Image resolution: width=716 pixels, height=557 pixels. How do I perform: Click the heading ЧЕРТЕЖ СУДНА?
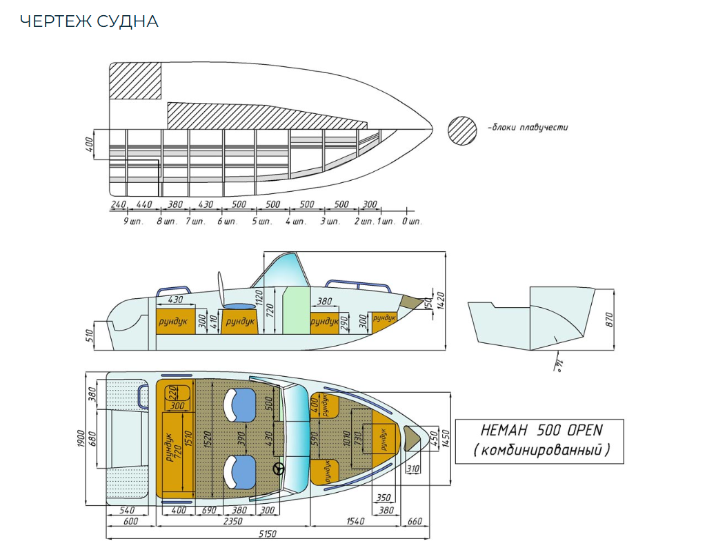pos(89,21)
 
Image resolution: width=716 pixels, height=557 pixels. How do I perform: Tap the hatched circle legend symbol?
pos(462,129)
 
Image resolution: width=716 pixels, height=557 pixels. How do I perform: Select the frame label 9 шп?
pos(133,222)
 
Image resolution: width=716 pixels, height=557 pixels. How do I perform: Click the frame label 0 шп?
pos(412,222)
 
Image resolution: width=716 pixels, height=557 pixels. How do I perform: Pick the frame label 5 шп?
pos(263,222)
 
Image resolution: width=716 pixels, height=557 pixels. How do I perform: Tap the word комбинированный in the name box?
pos(541,451)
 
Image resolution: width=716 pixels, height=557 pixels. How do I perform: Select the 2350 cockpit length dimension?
pos(232,521)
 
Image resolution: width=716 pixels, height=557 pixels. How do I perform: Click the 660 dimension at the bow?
pos(415,521)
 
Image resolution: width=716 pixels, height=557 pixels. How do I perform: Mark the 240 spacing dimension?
pos(118,204)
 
